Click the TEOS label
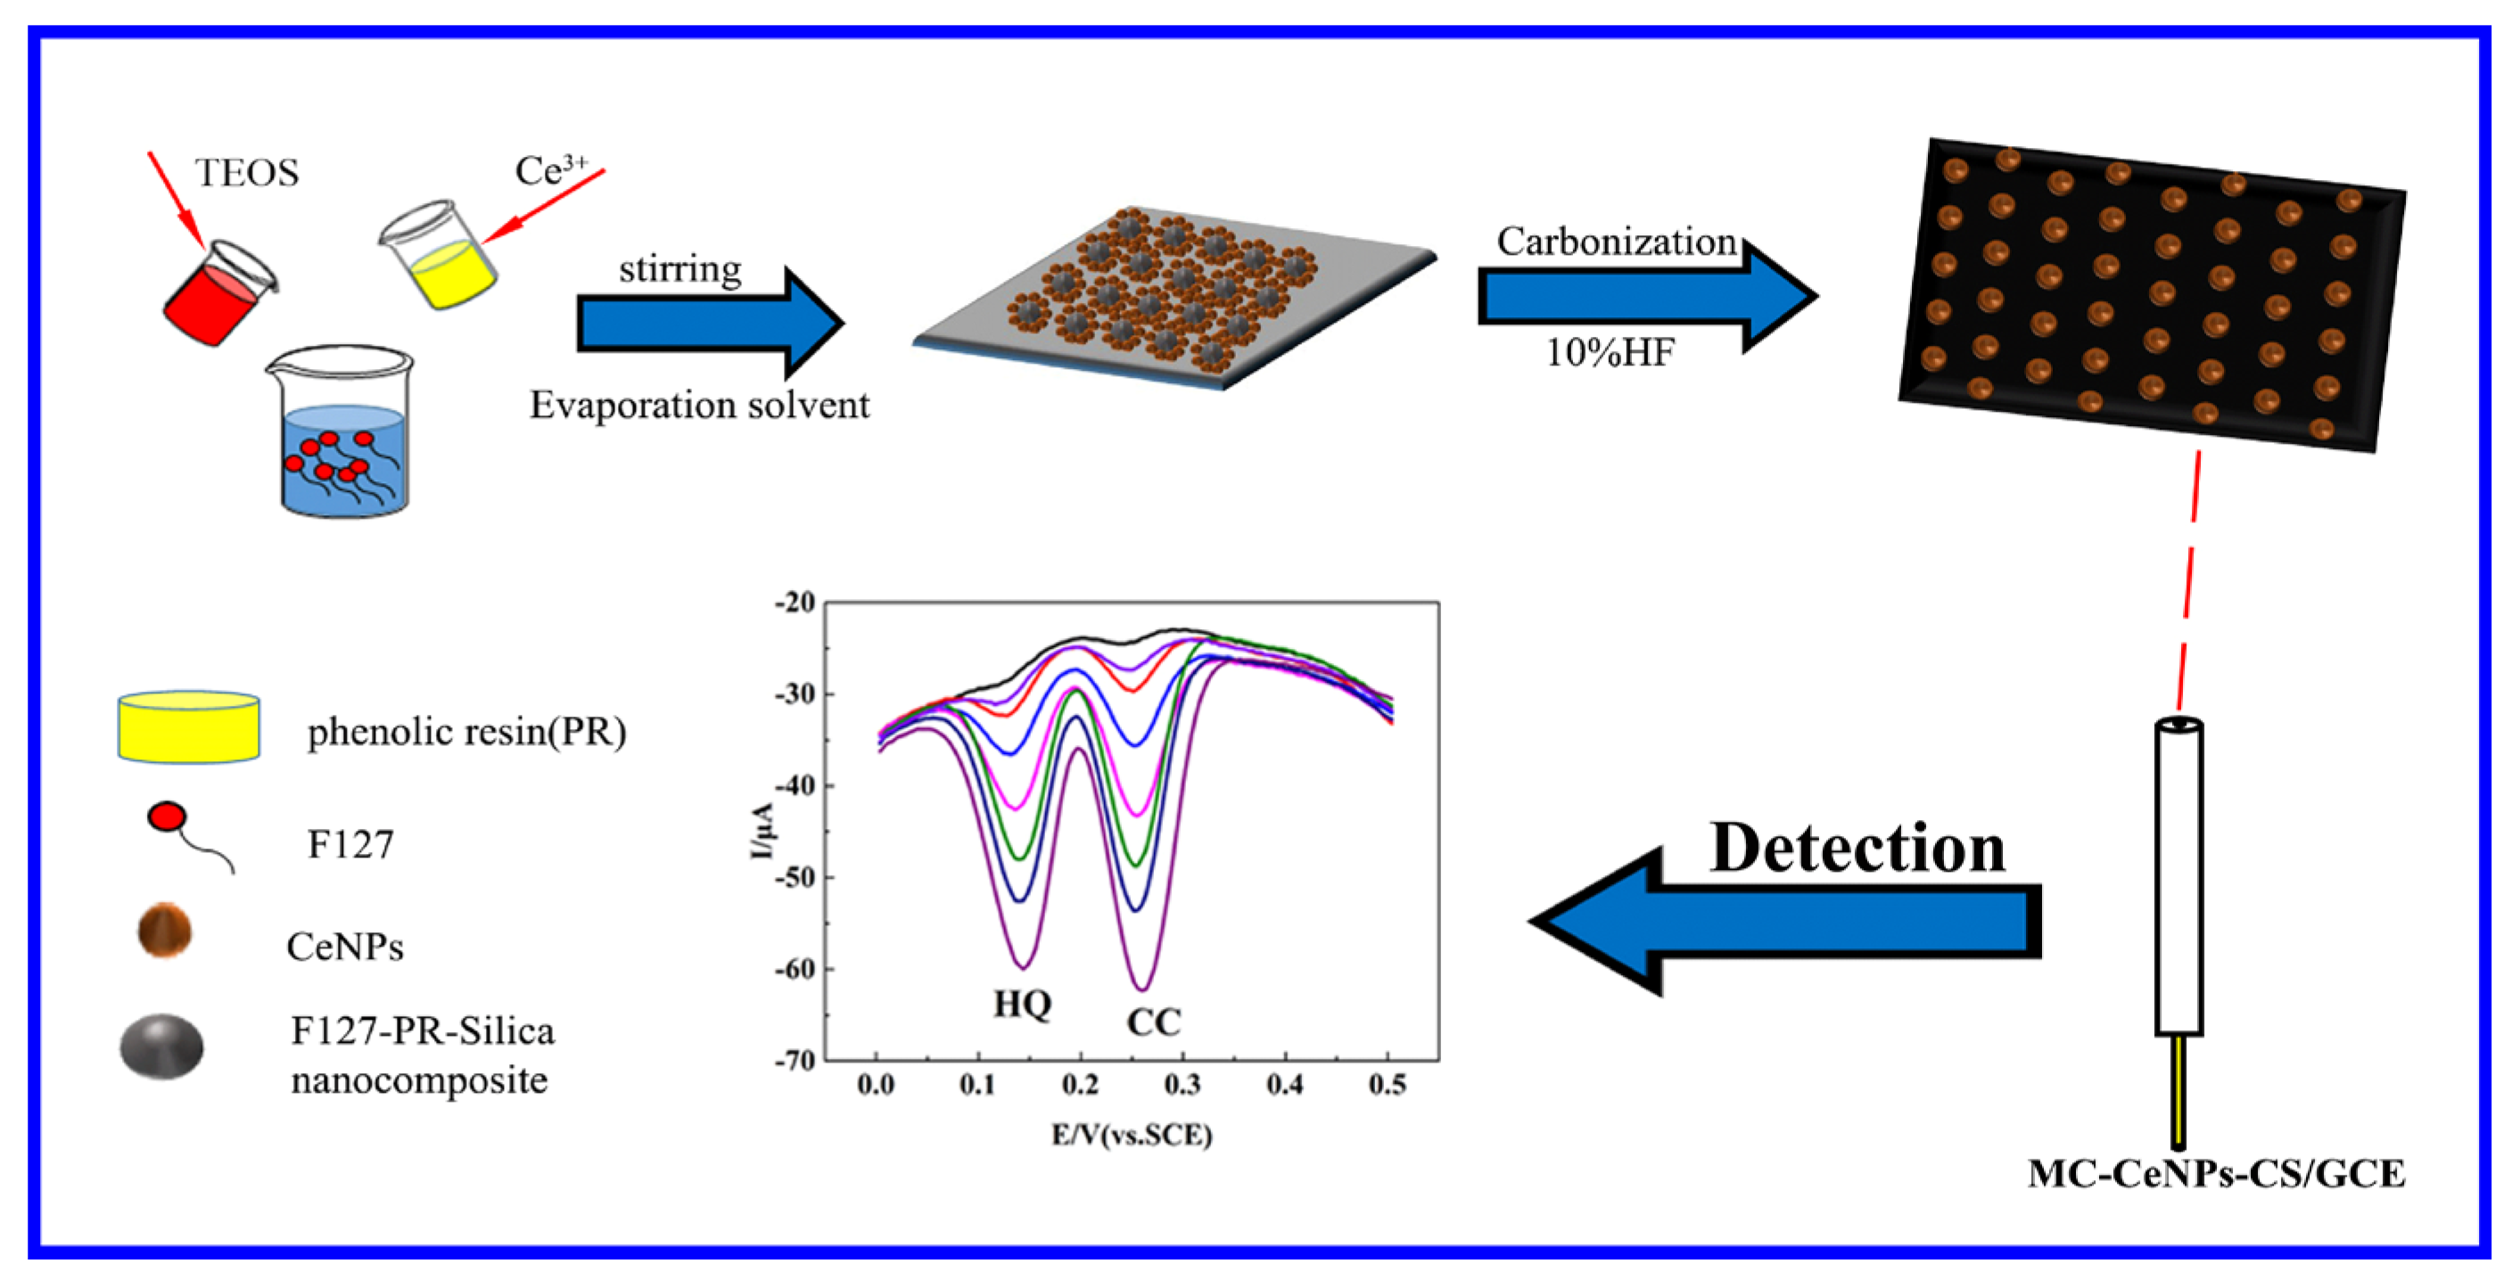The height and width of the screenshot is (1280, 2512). [x=247, y=173]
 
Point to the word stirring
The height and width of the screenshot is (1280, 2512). [x=679, y=268]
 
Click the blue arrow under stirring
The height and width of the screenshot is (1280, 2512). [x=709, y=322]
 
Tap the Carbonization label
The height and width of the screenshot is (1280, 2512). [x=1616, y=242]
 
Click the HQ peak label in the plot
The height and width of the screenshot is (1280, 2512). [x=1022, y=1003]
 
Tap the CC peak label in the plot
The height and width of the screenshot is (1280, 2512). [x=1154, y=1022]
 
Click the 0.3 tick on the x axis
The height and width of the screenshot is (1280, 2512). [x=1182, y=1084]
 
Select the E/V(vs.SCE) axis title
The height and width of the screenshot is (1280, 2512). [x=1132, y=1135]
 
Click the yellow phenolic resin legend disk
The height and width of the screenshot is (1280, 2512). [x=189, y=727]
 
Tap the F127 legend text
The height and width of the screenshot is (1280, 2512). [x=350, y=844]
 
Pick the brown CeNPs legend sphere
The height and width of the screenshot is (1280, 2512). [x=164, y=930]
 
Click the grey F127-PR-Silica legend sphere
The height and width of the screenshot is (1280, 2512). [x=162, y=1047]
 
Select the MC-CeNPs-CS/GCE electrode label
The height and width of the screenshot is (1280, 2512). [x=2216, y=1174]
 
